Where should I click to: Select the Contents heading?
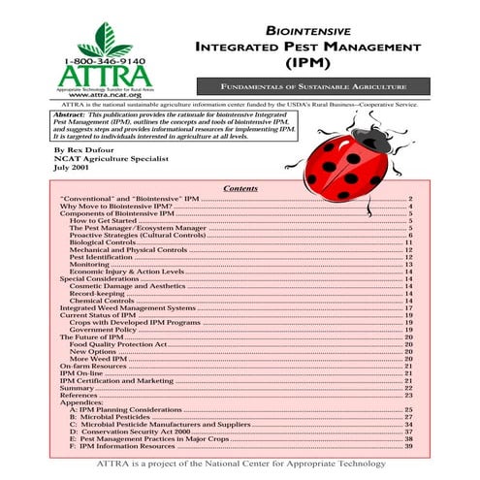coord(240,188)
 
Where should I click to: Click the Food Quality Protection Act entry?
coord(119,343)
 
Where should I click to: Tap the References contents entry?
coord(79,395)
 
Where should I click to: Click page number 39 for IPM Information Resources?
coord(409,446)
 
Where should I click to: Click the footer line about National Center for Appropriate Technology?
coord(240,464)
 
